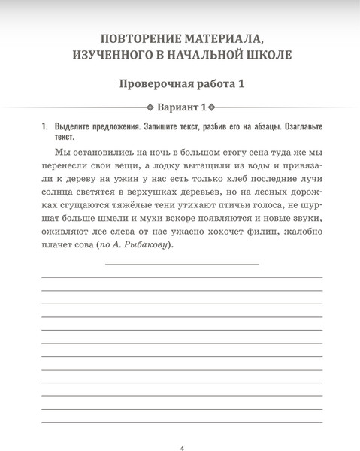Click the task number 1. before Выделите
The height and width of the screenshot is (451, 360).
click(46, 127)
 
